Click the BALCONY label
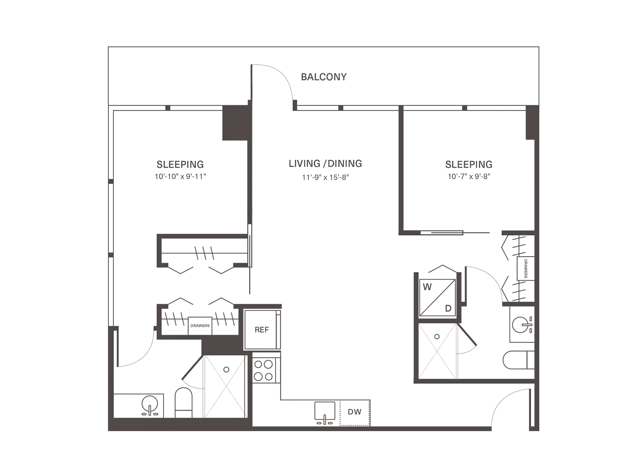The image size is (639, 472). [x=324, y=77]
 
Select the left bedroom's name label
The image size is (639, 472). [x=180, y=164]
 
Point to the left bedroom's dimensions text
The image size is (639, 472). [x=180, y=176]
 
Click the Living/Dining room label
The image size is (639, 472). [x=326, y=164]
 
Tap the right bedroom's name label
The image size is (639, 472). [x=468, y=164]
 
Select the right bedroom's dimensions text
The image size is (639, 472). [x=468, y=176]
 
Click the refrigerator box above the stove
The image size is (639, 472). [x=261, y=329]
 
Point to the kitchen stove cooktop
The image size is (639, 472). [x=264, y=368]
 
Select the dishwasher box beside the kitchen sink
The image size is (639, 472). [x=356, y=413]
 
